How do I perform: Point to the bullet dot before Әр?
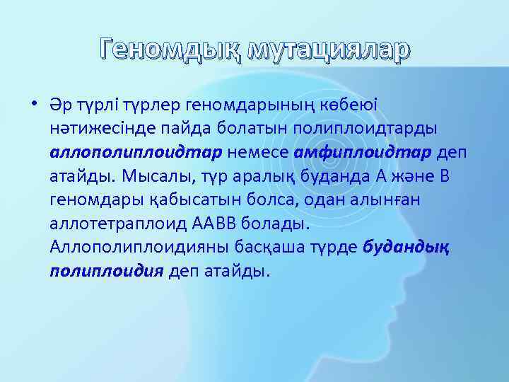click(x=34, y=105)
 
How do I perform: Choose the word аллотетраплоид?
click(x=119, y=224)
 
